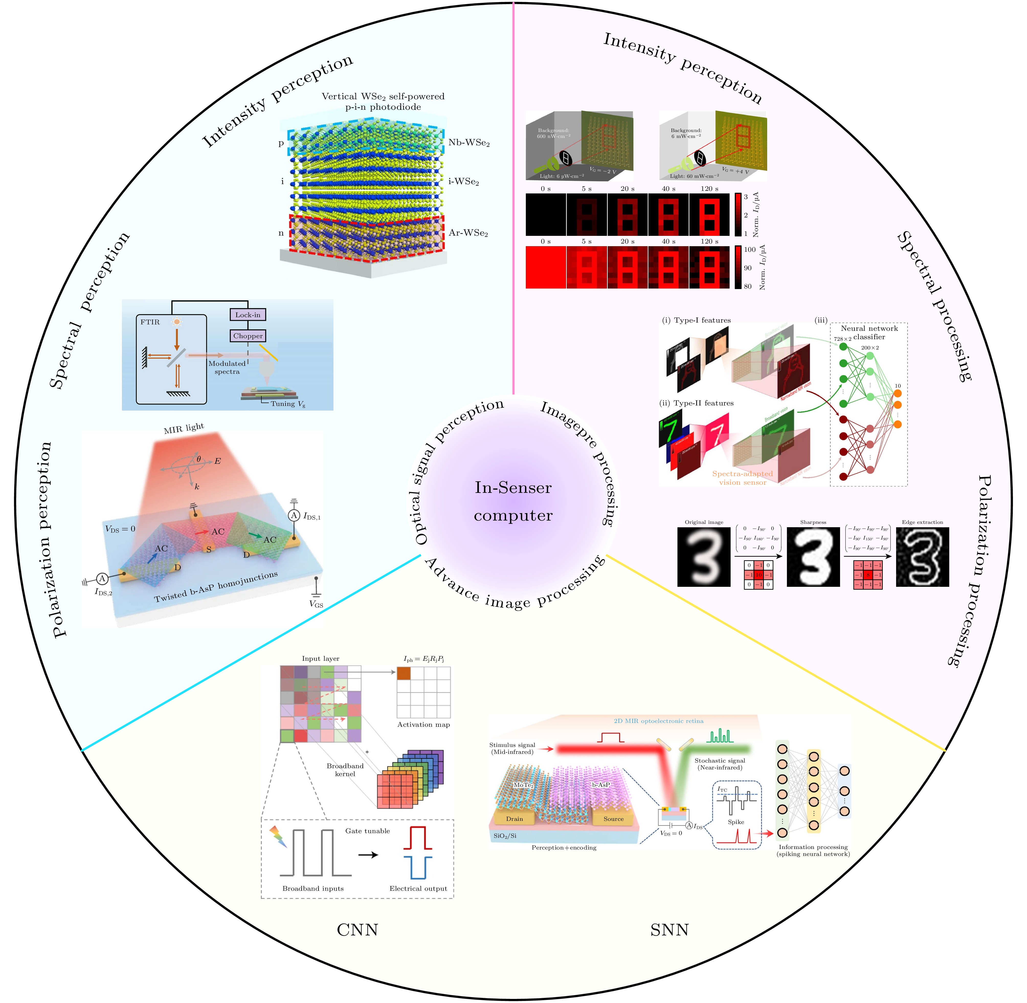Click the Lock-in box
point(248,315)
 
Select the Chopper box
point(248,336)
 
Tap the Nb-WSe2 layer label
point(469,143)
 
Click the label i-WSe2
point(463,182)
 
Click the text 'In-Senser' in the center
point(513,488)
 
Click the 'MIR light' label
point(184,428)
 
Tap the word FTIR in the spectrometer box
point(150,322)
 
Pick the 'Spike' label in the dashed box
point(736,822)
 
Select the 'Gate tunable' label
point(368,831)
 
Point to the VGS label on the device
point(316,604)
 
